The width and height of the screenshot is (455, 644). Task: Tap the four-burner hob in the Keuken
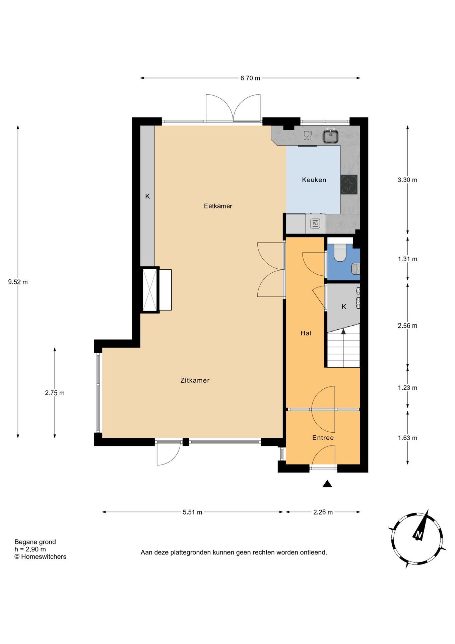[x=349, y=184]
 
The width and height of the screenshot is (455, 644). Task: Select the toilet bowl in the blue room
[x=340, y=253]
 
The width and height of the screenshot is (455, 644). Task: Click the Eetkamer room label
[x=218, y=206]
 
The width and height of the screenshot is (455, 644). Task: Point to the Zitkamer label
[x=195, y=380]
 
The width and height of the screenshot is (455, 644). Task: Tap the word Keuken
[x=314, y=180]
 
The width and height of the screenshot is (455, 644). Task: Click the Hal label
[x=306, y=333]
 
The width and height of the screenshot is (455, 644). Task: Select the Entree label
[x=323, y=438]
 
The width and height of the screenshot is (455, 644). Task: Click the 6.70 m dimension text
[x=250, y=78]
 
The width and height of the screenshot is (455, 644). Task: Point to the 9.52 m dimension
[x=18, y=282]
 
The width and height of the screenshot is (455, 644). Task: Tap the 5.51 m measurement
[x=192, y=512]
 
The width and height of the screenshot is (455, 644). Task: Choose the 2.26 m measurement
[x=323, y=512]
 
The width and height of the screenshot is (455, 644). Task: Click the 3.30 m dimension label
[x=407, y=180]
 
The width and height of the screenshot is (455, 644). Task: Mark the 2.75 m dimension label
[x=55, y=393]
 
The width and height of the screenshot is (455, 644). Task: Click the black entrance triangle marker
[x=327, y=484]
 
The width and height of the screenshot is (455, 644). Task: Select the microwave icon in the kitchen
[x=315, y=223]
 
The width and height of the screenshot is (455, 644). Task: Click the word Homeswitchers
[x=44, y=556]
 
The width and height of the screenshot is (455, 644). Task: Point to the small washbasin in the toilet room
[x=355, y=268]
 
